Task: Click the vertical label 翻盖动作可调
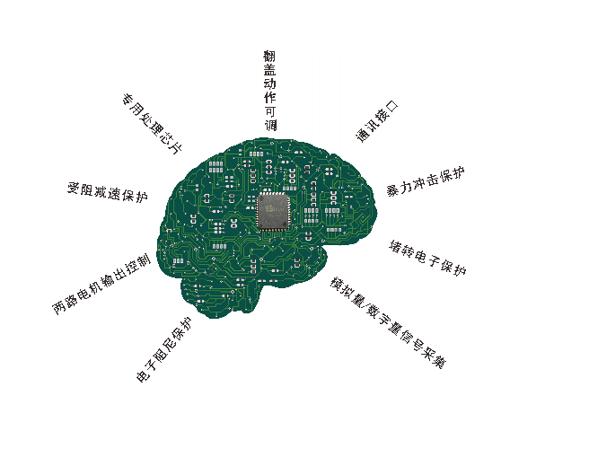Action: coord(269,91)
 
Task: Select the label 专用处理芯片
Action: coord(152,123)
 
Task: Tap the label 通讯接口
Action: coord(377,121)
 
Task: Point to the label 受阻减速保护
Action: coord(107,191)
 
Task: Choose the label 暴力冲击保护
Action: coord(426,181)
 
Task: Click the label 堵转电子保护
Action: coord(427,258)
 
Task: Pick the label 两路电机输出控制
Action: coord(101,284)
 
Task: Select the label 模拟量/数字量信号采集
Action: coord(388,322)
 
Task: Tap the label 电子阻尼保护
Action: coord(164,349)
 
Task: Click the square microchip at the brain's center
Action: coord(274,211)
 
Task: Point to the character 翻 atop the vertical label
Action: coord(269,57)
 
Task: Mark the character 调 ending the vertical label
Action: coord(270,125)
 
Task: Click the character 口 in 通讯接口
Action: coord(392,107)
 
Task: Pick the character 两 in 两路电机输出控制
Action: coord(59,307)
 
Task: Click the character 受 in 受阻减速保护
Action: coord(75,188)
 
